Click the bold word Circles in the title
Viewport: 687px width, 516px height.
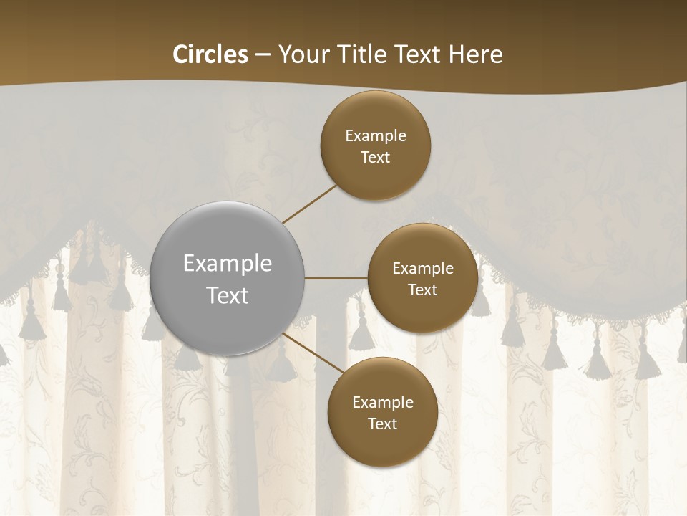coord(210,54)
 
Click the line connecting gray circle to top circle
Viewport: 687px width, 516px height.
coord(309,204)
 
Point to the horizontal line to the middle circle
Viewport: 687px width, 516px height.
coord(336,278)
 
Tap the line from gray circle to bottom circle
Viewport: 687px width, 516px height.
coord(313,352)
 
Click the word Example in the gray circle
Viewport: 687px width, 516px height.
coord(228,263)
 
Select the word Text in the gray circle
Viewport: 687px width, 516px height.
coord(228,295)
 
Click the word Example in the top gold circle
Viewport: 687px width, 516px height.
coord(376,136)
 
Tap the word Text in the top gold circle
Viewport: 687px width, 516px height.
coord(376,158)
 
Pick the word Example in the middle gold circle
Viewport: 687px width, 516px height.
coord(423,269)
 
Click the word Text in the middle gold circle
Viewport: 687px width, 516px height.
coord(423,290)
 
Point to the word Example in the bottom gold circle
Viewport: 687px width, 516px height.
coord(383,403)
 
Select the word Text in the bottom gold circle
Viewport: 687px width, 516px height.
coord(383,424)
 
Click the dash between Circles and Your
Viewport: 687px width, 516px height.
coord(263,54)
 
